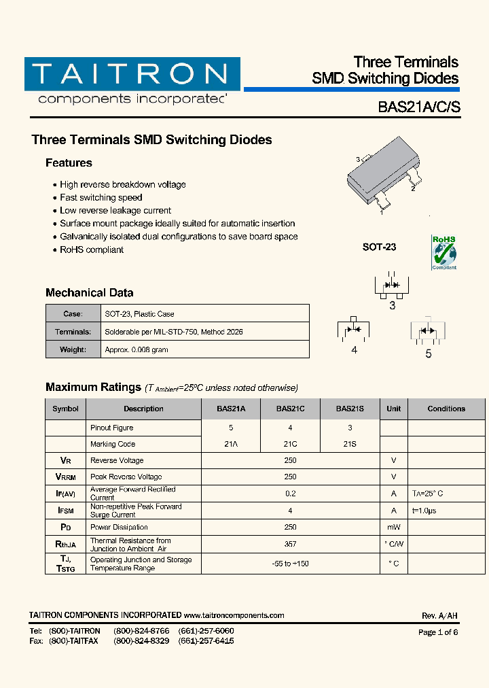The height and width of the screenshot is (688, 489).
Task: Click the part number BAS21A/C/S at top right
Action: click(x=418, y=107)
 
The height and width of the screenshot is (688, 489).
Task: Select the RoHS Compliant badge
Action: click(x=444, y=252)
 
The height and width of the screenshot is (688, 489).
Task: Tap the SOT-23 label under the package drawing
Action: click(x=379, y=247)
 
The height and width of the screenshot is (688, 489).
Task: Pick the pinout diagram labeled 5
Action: click(x=428, y=331)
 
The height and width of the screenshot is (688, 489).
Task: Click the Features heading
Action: click(x=69, y=163)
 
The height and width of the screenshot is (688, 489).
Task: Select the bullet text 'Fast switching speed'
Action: click(x=101, y=198)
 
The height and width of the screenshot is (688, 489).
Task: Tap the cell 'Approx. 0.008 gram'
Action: click(x=137, y=349)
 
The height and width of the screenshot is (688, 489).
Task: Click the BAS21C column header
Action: click(x=290, y=409)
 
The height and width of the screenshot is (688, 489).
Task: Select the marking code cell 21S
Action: click(x=350, y=444)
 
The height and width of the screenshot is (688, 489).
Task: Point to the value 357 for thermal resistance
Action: click(x=290, y=544)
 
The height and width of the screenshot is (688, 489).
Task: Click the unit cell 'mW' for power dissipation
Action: click(x=393, y=527)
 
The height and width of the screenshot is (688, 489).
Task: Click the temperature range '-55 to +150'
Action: click(x=290, y=564)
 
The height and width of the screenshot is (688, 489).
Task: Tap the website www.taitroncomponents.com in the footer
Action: click(x=234, y=615)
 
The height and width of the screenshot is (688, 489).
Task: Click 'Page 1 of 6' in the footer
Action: click(x=438, y=632)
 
